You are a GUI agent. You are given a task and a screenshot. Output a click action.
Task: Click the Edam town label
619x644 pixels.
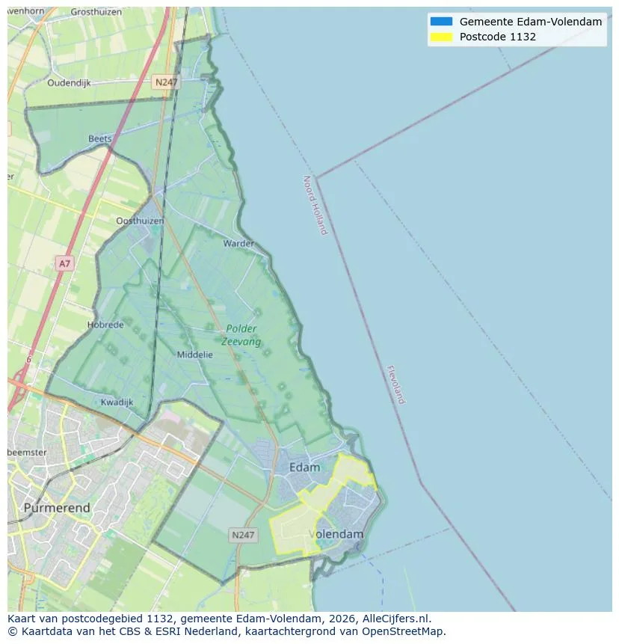[x=304, y=467]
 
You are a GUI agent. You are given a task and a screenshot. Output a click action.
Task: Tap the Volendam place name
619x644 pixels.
[x=336, y=534]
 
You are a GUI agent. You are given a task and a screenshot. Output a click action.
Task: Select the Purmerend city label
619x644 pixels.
[x=57, y=508]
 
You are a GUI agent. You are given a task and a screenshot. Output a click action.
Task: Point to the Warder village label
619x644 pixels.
[x=238, y=243]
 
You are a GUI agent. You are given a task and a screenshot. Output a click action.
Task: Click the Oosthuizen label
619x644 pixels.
[x=140, y=221]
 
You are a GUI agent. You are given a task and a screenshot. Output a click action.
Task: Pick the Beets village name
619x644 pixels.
[x=99, y=138]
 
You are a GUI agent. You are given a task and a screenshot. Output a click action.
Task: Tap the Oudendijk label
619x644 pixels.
[x=69, y=83]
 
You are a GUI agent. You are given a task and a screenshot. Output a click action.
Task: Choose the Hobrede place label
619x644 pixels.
[x=104, y=325]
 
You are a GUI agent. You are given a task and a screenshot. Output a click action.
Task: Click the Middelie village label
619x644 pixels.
[x=194, y=355]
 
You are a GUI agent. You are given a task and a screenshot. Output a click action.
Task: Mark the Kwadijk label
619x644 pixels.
[x=117, y=402]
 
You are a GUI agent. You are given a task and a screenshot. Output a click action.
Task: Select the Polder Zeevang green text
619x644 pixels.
[x=241, y=335]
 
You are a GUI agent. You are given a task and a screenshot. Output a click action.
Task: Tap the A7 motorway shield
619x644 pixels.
[x=65, y=263]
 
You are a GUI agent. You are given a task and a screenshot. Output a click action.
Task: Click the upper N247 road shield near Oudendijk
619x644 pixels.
[x=165, y=82]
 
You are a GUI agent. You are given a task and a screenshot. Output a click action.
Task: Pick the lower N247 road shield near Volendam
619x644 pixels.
[x=243, y=535]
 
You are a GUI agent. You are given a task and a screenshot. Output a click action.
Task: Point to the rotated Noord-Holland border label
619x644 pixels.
[x=315, y=205]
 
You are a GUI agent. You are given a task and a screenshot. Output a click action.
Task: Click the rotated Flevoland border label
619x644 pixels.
[x=396, y=384]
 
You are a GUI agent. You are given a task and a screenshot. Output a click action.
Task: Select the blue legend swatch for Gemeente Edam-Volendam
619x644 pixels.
[x=441, y=22]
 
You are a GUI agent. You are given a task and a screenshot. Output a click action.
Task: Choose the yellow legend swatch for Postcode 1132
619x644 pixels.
[x=441, y=37]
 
